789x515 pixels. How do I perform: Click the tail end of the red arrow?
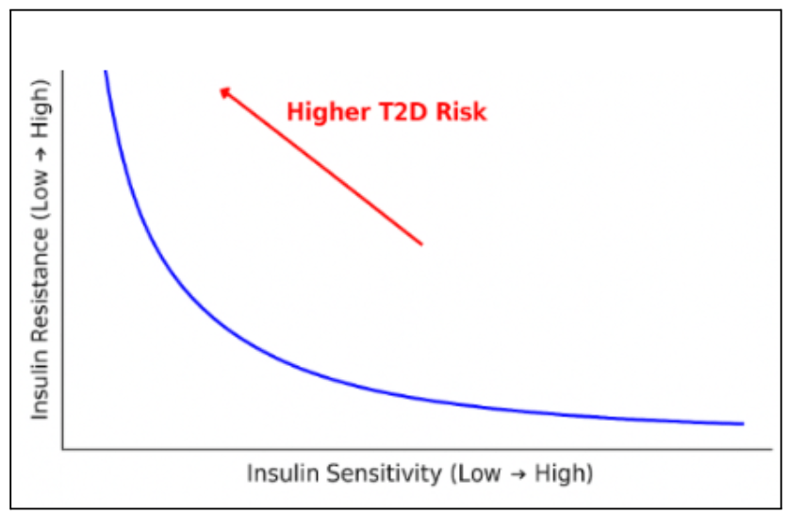tap(421, 244)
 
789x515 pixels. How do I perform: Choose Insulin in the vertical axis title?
tap(41, 388)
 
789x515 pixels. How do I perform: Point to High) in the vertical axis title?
tap(41, 114)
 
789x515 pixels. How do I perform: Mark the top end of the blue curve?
tap(105, 72)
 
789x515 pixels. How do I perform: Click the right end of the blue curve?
tap(744, 424)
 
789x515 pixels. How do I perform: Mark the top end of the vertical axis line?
tap(62, 71)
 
